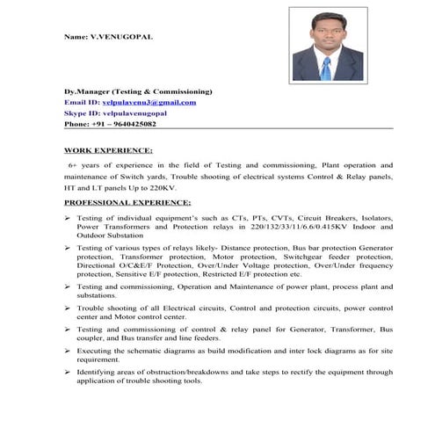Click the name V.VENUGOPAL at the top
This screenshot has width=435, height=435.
[119, 38]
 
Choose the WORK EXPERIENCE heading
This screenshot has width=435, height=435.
[108, 150]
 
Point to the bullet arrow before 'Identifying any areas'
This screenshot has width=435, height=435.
[68, 372]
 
